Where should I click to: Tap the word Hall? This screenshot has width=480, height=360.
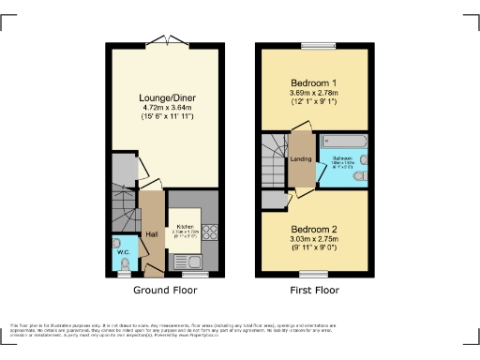151,235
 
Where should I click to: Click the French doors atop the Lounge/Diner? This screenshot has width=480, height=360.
165,41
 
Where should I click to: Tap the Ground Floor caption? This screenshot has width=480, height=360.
163,291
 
